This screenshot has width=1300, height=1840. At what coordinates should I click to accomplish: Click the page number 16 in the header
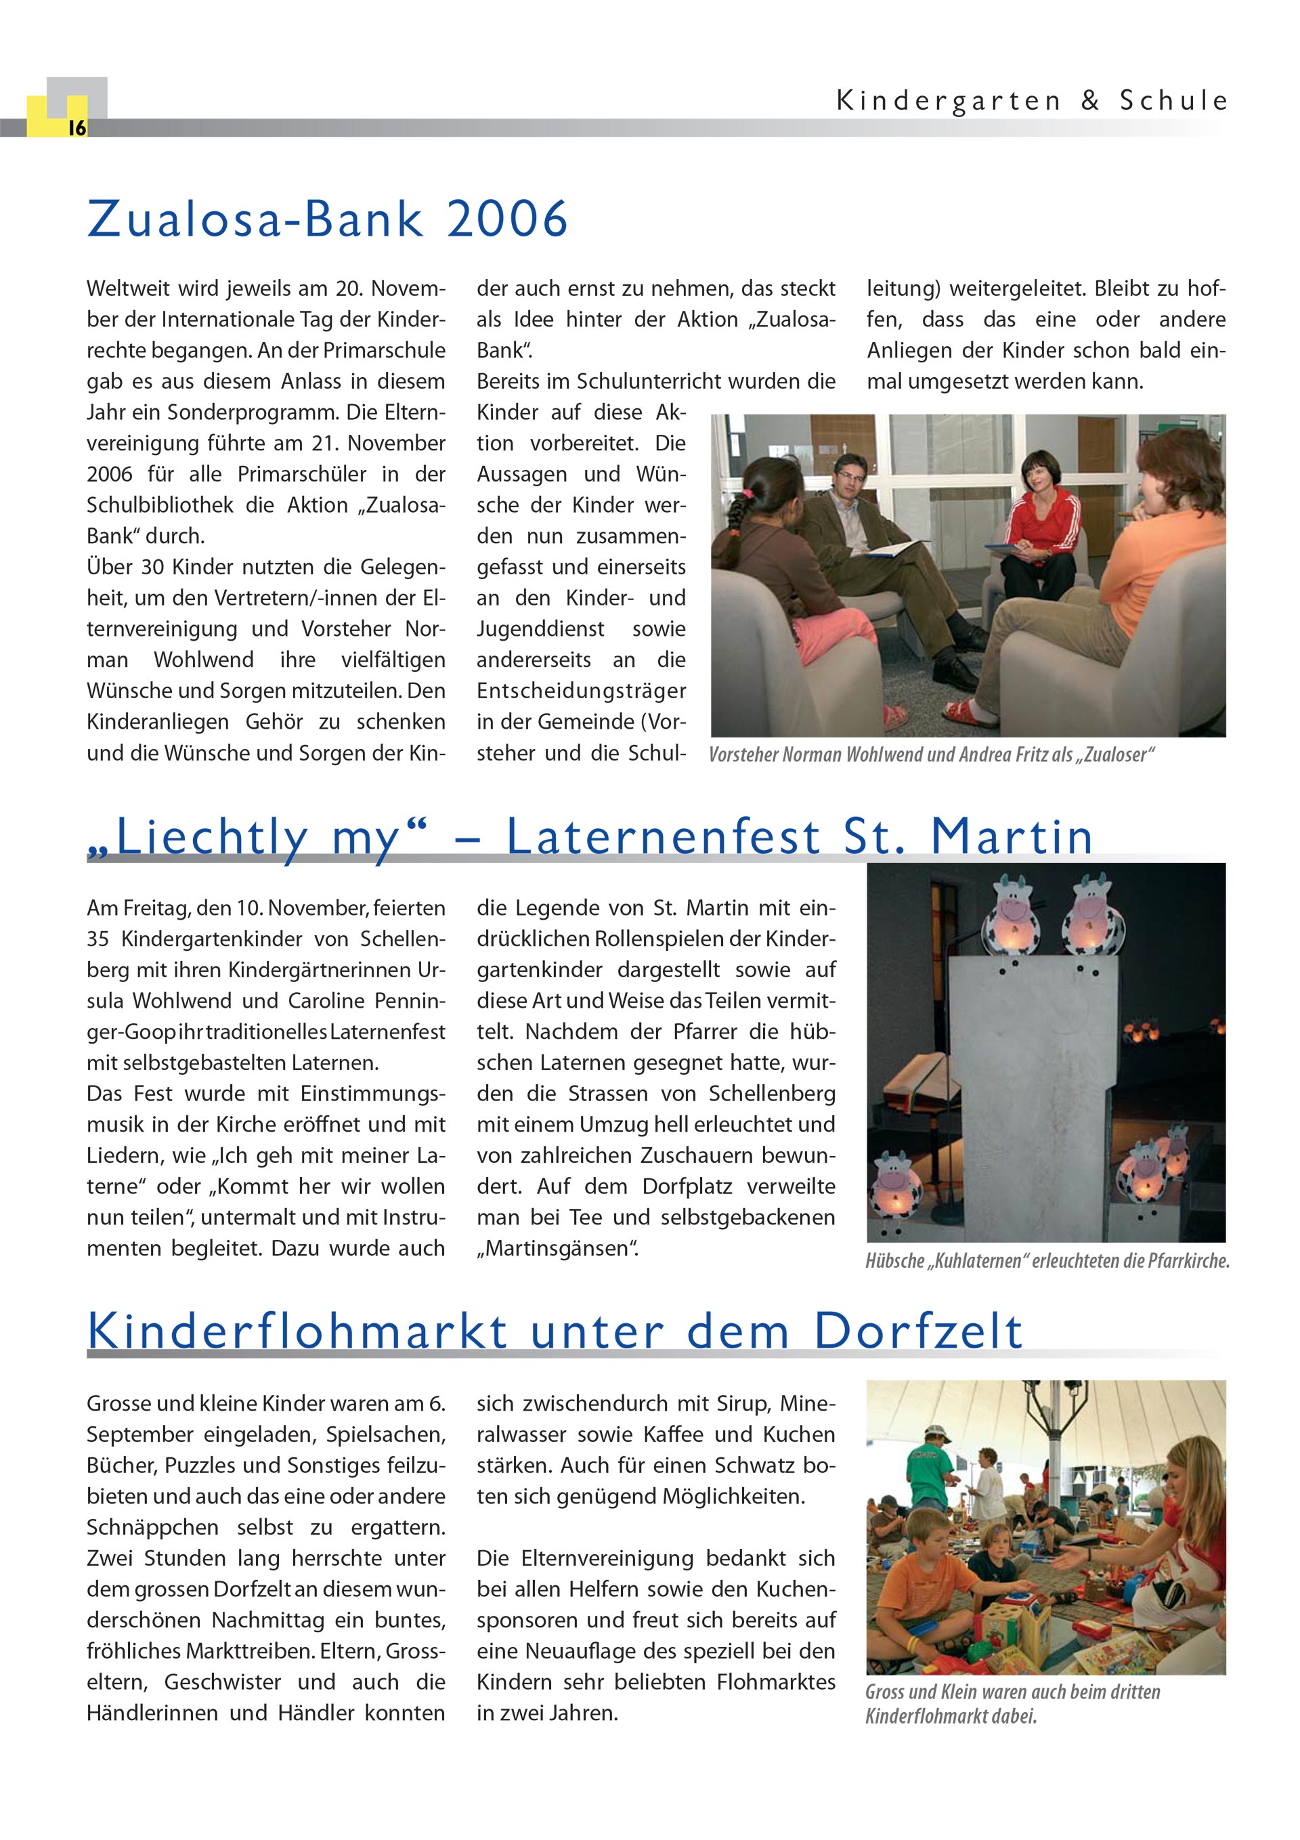(77, 128)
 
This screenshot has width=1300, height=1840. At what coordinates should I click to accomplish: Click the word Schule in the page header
(1173, 101)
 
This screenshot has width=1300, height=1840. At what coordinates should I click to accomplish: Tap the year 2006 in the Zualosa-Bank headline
(507, 219)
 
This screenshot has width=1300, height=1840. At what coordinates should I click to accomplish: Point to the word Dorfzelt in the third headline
(919, 1332)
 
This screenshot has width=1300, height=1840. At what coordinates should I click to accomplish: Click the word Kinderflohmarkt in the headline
(297, 1332)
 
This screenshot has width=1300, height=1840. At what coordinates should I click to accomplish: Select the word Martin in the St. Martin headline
(1012, 838)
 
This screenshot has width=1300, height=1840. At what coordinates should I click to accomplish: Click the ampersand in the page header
(1090, 101)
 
